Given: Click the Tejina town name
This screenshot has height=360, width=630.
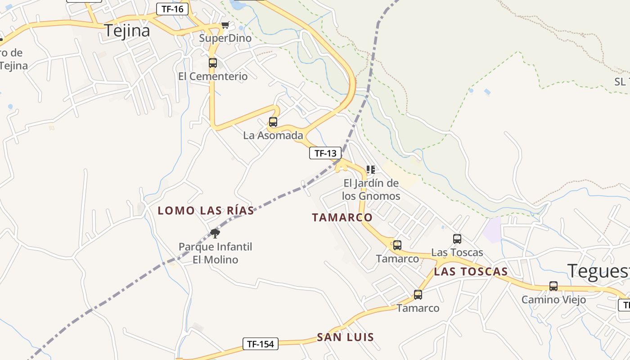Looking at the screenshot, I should pyautogui.click(x=127, y=31).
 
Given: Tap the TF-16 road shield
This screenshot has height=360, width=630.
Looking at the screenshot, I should pyautogui.click(x=172, y=9).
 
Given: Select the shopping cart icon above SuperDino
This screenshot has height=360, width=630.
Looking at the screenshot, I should pyautogui.click(x=225, y=25).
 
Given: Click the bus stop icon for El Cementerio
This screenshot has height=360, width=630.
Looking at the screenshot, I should pyautogui.click(x=213, y=63).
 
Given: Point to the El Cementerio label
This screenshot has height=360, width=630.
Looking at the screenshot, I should pyautogui.click(x=213, y=76).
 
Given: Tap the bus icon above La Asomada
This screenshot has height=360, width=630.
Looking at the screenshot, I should pyautogui.click(x=273, y=122).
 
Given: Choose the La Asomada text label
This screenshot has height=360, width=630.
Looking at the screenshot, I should pyautogui.click(x=273, y=135).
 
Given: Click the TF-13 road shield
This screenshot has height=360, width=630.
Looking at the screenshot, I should pyautogui.click(x=323, y=153).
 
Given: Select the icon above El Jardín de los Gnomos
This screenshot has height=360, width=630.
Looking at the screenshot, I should pyautogui.click(x=370, y=170).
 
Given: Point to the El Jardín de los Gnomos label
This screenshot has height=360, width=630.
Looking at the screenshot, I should pyautogui.click(x=371, y=189).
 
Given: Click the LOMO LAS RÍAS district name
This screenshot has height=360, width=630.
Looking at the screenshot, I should pyautogui.click(x=206, y=210).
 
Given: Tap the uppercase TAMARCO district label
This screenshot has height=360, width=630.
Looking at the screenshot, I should pyautogui.click(x=342, y=217).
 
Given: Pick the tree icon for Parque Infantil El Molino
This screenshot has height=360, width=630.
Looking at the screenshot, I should pyautogui.click(x=215, y=233).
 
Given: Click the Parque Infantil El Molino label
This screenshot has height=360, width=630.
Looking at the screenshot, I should pyautogui.click(x=215, y=253).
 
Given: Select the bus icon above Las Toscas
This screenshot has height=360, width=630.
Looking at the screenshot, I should pyautogui.click(x=457, y=239).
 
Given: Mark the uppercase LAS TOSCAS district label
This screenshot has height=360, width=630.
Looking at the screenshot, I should pyautogui.click(x=471, y=271).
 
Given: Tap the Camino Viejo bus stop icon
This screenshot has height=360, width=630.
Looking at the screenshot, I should pyautogui.click(x=553, y=286).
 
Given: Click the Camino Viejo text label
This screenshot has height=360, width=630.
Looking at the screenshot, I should pyautogui.click(x=553, y=299).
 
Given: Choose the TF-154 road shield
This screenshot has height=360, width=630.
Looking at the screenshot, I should pyautogui.click(x=261, y=344).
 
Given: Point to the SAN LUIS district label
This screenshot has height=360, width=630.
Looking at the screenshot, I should pyautogui.click(x=345, y=337).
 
